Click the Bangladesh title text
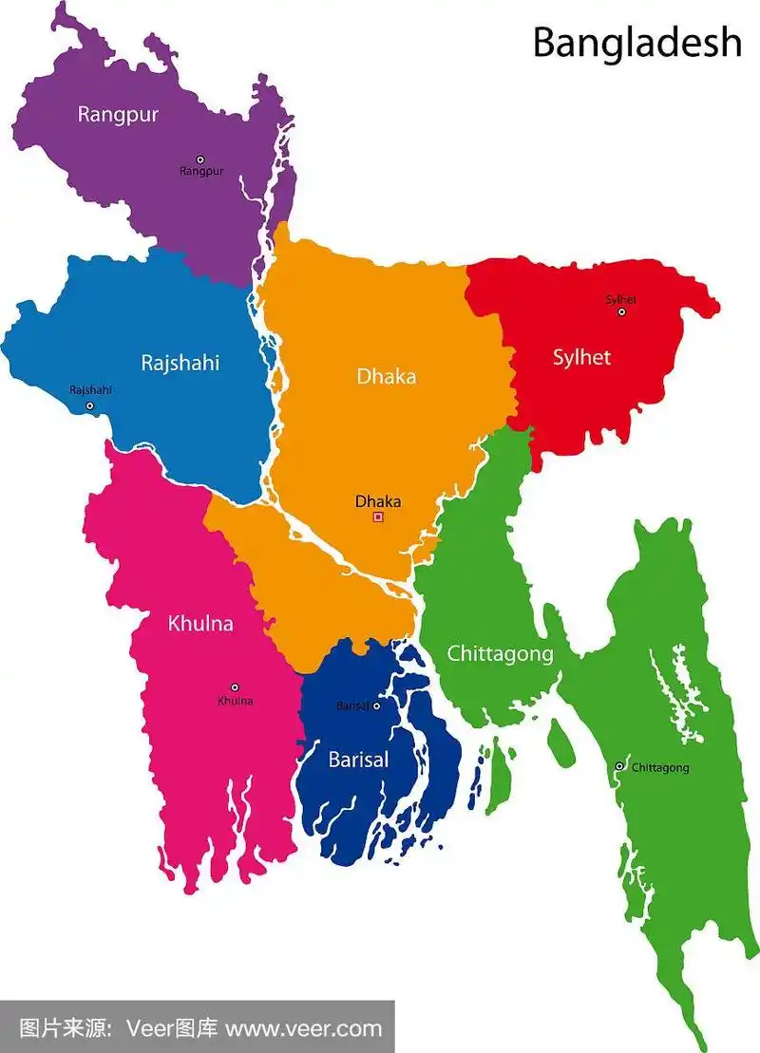pos(636,42)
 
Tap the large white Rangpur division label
pos(118,115)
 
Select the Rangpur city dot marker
pos(200,160)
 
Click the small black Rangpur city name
pos(201,172)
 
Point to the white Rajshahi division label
pos(180,363)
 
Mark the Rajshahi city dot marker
pos(90,405)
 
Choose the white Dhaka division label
pos(386,376)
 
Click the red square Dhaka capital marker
pos(378,517)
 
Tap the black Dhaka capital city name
pos(378,501)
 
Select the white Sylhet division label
pos(581,358)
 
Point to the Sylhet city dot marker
pos(622,311)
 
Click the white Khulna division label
pos(200,624)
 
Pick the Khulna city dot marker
pos(235,687)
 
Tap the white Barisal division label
pos(358,760)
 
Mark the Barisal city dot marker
pos(376,705)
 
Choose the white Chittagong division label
pos(500,653)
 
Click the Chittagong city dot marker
pos(619,766)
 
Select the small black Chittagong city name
pos(660,767)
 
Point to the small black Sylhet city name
pos(621,300)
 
